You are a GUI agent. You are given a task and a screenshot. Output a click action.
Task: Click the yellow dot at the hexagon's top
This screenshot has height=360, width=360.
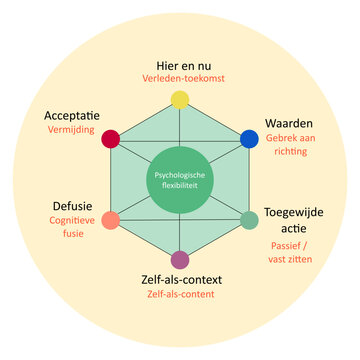click(180, 99)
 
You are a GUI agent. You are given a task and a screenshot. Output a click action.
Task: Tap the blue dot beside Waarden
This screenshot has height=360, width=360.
click(249, 139)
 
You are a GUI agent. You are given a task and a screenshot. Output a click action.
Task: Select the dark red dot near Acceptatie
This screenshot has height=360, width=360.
click(111, 139)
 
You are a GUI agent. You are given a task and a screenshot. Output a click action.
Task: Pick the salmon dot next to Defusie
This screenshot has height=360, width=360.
click(111, 220)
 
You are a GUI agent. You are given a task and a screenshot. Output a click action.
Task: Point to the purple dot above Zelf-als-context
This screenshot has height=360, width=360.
click(180, 260)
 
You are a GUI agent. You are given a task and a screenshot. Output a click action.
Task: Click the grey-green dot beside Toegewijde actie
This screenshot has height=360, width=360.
click(249, 220)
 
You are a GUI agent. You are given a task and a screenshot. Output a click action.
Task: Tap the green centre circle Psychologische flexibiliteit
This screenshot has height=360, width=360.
click(180, 179)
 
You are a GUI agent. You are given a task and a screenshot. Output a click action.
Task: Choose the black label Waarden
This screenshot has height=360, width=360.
click(289, 122)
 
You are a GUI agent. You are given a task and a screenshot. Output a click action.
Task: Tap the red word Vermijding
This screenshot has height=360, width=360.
click(69, 130)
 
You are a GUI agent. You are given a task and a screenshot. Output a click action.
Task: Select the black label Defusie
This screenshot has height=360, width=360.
click(73, 209)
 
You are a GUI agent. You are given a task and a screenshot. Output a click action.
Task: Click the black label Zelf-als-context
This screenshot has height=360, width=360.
click(180, 278)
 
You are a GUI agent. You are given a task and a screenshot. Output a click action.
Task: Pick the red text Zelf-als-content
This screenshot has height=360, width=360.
click(180, 295)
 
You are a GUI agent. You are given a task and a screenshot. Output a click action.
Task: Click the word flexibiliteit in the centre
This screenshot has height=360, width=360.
click(180, 186)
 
